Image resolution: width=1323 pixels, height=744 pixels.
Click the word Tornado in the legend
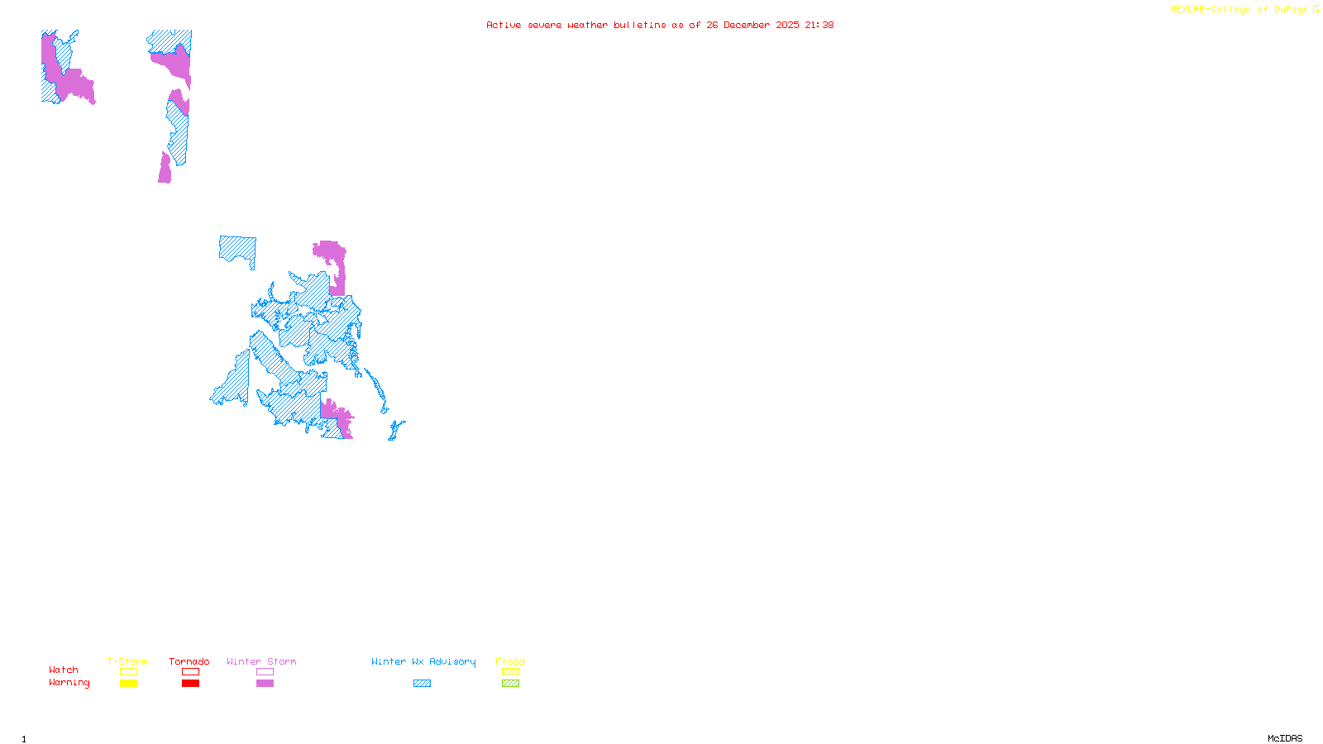[189, 661]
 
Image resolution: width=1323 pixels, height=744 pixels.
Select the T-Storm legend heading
[127, 661]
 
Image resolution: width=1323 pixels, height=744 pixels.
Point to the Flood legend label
[510, 661]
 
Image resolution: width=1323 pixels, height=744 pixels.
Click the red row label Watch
[64, 670]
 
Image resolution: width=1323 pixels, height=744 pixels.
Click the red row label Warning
[69, 683]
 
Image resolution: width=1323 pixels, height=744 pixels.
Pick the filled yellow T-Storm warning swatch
[128, 684]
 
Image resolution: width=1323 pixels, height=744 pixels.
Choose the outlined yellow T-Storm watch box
[128, 672]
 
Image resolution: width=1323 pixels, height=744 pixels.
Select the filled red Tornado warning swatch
[190, 684]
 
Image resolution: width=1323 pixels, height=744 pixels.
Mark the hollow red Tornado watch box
[190, 672]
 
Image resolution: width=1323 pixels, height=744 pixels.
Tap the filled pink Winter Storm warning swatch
[265, 684]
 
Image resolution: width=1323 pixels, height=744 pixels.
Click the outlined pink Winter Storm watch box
[265, 672]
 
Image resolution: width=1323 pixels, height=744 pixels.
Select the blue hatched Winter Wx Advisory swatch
[422, 684]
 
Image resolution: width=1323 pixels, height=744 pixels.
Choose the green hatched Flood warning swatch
[510, 684]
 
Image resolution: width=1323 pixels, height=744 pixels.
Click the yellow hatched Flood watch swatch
[510, 672]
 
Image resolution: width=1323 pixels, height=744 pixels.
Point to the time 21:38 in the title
[819, 25]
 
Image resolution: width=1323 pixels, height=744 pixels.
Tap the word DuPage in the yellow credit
[1291, 9]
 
